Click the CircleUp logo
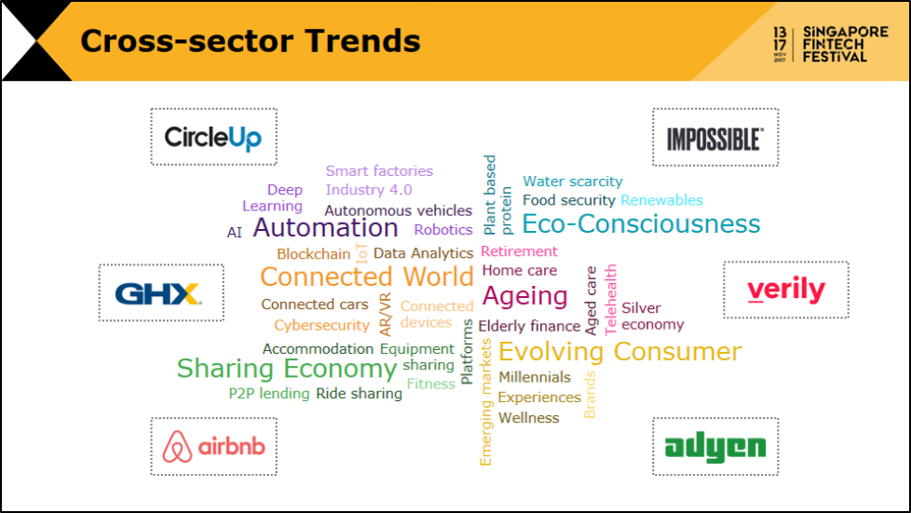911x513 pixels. [x=213, y=138]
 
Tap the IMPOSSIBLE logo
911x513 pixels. [x=714, y=139]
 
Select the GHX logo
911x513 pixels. [x=158, y=294]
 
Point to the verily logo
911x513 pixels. [x=786, y=290]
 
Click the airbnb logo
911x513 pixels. [x=214, y=446]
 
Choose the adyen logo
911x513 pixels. [x=715, y=447]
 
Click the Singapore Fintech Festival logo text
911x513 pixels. [x=846, y=44]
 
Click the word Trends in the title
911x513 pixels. [x=362, y=41]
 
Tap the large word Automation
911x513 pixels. [x=325, y=227]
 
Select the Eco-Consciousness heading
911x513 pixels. [x=641, y=223]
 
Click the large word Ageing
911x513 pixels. [x=524, y=296]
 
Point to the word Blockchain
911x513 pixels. [x=314, y=254]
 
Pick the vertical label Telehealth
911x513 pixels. [x=610, y=300]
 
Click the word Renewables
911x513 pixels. [x=661, y=200]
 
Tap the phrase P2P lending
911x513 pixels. [x=269, y=393]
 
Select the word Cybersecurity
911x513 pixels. [x=322, y=325]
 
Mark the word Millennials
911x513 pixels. [x=535, y=377]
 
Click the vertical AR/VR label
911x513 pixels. [x=386, y=315]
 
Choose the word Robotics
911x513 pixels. [x=443, y=229]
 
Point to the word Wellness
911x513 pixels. [x=529, y=418]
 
